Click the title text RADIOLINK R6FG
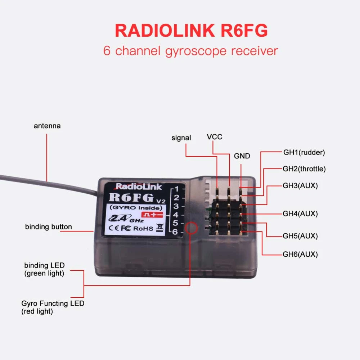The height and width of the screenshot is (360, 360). click(191, 31)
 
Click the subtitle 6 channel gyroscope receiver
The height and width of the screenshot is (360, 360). click(191, 51)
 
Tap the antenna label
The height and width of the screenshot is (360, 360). click(47, 126)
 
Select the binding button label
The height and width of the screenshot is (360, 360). click(48, 227)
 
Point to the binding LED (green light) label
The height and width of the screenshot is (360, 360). click(44, 270)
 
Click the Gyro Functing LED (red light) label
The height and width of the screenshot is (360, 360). click(52, 307)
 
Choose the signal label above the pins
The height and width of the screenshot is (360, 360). click(181, 138)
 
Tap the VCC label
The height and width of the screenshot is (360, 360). click(215, 137)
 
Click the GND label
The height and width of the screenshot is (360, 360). click(242, 156)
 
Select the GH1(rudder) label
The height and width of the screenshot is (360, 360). click(304, 152)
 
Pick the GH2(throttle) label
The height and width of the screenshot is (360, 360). click(304, 168)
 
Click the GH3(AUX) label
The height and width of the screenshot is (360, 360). click(300, 186)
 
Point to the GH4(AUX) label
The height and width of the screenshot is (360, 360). click(300, 213)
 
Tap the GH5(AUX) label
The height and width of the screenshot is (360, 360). click(300, 236)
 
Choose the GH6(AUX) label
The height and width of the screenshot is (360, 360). click(300, 254)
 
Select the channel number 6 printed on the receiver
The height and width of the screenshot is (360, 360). click(175, 232)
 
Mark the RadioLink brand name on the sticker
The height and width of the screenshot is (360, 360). click(139, 186)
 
